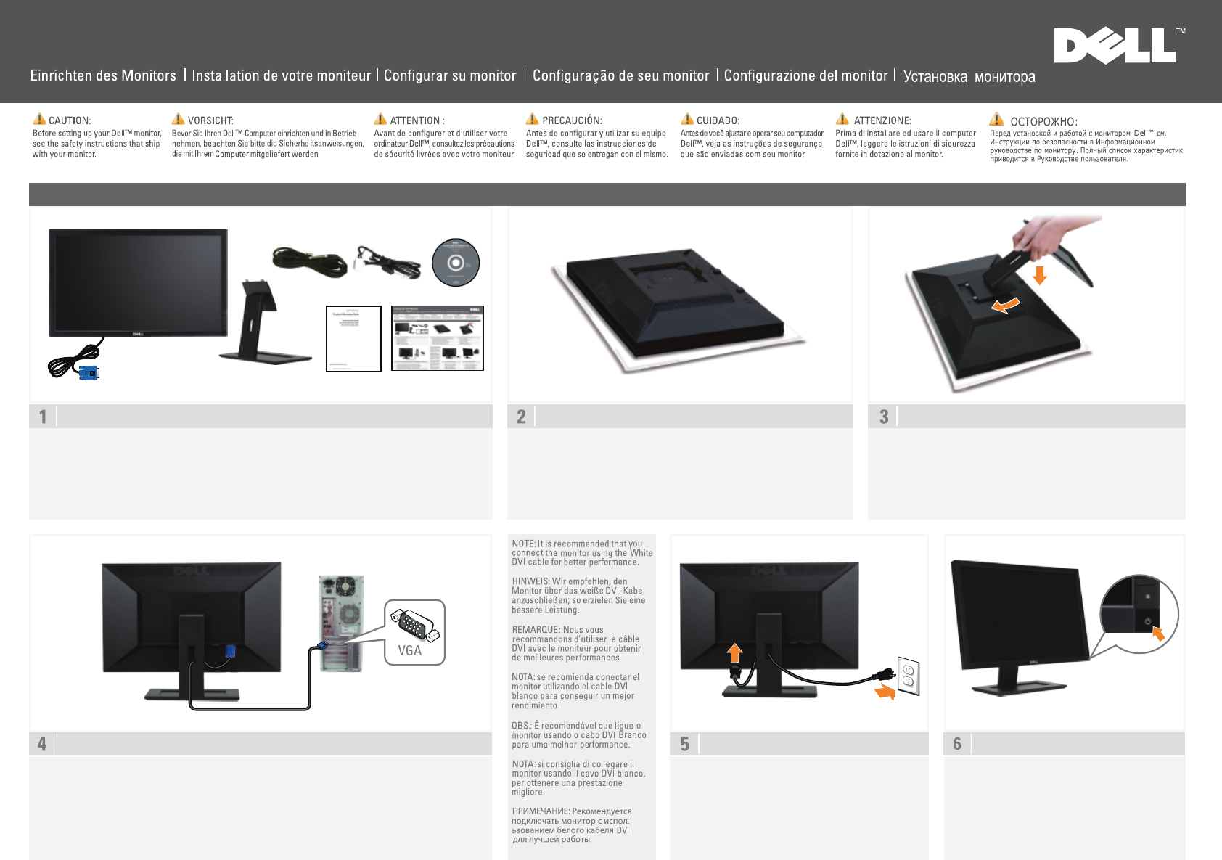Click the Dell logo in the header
click(1115, 46)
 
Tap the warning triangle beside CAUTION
click(39, 119)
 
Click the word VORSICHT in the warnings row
click(210, 120)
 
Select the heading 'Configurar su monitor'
click(450, 75)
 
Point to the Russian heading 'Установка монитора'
click(969, 76)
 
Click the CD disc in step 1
click(456, 263)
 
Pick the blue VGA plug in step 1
click(89, 372)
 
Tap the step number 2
click(521, 417)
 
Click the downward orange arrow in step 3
click(1040, 275)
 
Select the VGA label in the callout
click(409, 650)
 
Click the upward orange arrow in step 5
click(735, 652)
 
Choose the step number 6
click(957, 744)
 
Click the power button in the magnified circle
click(1147, 621)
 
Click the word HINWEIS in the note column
click(530, 581)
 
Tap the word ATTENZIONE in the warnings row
click(882, 120)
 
